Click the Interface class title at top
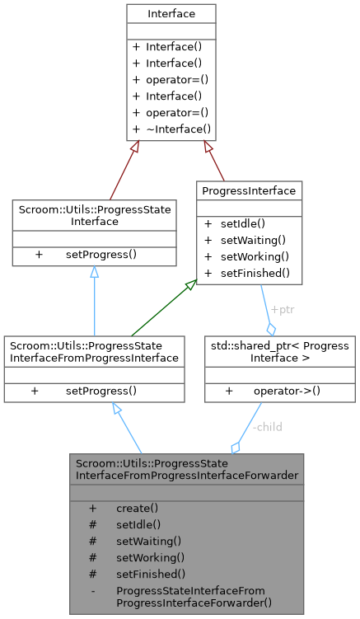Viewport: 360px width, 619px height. coord(171,14)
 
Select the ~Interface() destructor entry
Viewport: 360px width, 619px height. coord(177,129)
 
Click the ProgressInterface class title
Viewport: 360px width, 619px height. coord(248,191)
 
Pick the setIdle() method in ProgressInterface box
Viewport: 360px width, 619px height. coord(247,223)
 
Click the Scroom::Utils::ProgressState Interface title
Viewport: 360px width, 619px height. coord(94,216)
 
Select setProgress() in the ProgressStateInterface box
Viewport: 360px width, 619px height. coord(101,255)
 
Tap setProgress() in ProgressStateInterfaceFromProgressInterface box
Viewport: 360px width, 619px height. coord(101,390)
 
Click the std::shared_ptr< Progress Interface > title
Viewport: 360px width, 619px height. coord(280,351)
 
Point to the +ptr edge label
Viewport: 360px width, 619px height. coord(283,310)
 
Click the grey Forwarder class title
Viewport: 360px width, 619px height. coord(187,468)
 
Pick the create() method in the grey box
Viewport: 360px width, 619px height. coord(137,508)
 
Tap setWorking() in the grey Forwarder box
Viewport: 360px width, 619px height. coord(148,557)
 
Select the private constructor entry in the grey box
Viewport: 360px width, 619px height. coord(194,596)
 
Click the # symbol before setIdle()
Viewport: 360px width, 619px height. coord(93,524)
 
